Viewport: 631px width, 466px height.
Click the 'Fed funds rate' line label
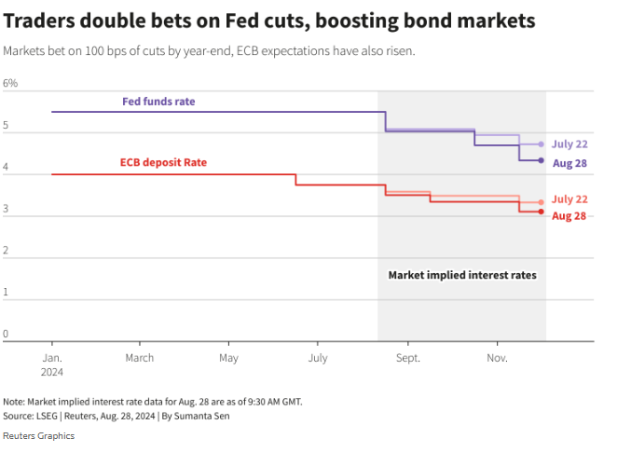[158, 101]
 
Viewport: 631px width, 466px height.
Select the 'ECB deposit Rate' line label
[163, 162]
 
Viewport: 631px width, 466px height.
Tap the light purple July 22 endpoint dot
[541, 144]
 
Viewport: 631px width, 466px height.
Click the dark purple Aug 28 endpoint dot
[541, 161]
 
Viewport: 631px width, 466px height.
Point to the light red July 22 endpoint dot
[541, 202]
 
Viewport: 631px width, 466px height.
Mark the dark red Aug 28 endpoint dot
[541, 212]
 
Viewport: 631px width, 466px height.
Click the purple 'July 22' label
[569, 144]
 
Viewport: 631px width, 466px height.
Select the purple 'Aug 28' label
[569, 163]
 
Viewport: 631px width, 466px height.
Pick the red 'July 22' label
[569, 199]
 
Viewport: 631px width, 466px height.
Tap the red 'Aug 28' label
[569, 216]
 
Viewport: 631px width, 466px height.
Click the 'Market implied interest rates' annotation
[461, 276]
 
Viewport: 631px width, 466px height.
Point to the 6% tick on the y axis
[10, 84]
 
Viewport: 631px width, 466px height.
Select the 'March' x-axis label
[140, 358]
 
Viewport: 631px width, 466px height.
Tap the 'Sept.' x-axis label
[407, 358]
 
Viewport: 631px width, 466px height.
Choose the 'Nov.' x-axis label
[497, 358]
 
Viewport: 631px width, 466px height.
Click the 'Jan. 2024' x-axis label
[51, 364]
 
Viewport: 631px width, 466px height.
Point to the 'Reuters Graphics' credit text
[38, 436]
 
